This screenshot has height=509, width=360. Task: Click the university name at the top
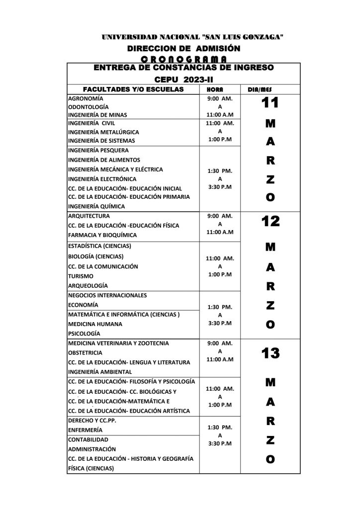[192, 37]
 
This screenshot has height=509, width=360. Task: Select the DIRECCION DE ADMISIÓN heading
[184, 48]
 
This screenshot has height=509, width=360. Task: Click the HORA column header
[219, 89]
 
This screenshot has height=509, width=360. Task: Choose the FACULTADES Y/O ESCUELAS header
[133, 89]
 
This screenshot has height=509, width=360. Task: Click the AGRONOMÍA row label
[86, 98]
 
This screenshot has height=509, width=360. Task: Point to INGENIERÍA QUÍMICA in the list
[96, 206]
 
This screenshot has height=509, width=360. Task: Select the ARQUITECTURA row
[89, 216]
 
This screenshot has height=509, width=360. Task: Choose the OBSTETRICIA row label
[86, 352]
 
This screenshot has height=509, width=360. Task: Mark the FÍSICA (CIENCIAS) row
[91, 468]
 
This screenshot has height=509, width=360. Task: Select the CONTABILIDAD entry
[88, 439]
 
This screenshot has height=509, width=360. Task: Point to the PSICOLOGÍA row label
[84, 334]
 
